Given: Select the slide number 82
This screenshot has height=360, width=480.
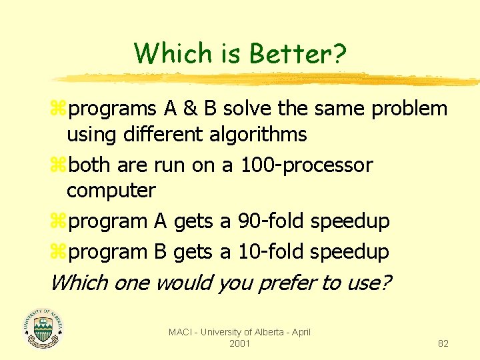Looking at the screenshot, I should point(443,343).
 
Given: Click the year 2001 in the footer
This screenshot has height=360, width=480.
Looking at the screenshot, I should point(239,343).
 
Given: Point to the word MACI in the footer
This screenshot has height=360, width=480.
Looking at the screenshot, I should point(180,332).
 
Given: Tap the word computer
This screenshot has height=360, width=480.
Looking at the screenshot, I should point(111,191).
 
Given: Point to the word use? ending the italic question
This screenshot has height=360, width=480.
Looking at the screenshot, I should point(368,283).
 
